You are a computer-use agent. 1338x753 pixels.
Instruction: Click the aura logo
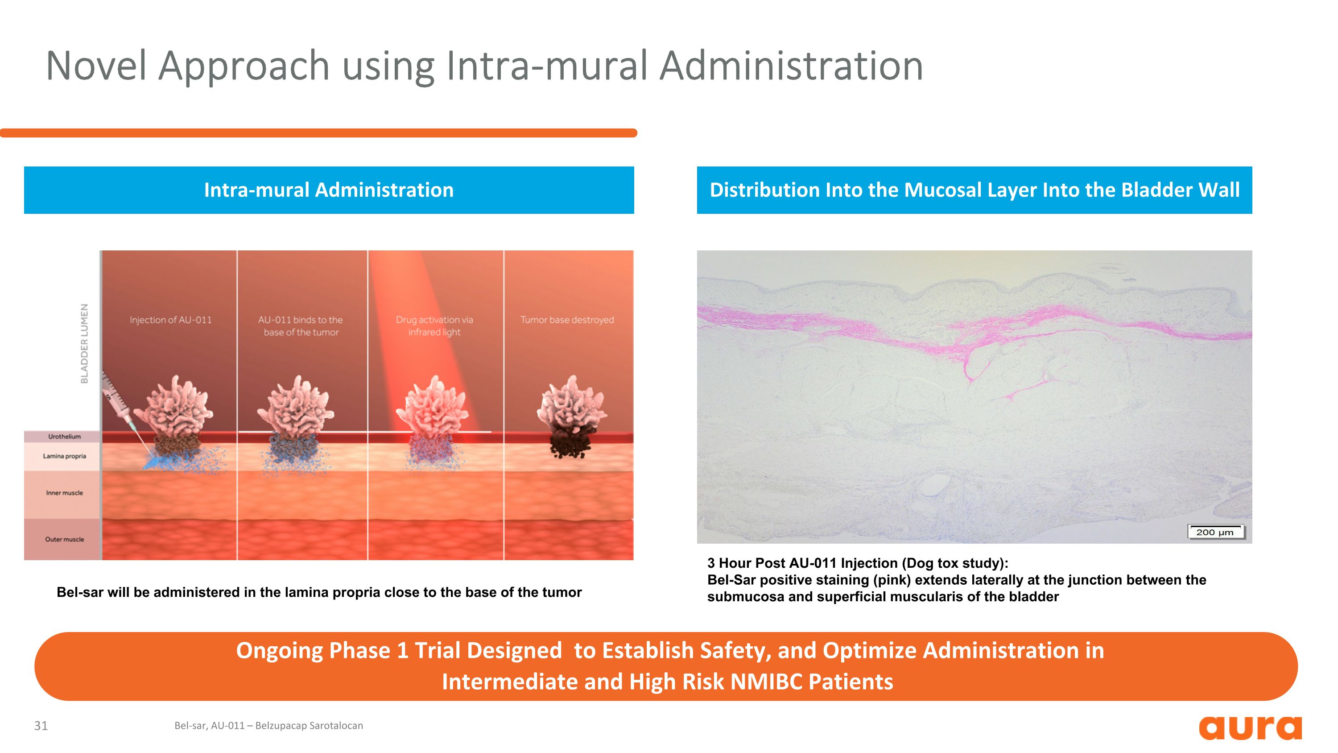[1250, 728]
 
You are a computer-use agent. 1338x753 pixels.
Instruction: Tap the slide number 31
[41, 725]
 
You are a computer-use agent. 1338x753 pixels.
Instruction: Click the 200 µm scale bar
[1215, 532]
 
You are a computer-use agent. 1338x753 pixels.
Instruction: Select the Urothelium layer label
[64, 437]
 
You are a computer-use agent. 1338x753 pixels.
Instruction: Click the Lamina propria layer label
[64, 456]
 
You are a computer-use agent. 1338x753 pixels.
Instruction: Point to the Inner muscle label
[64, 493]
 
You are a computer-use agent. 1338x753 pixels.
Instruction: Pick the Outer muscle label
[64, 539]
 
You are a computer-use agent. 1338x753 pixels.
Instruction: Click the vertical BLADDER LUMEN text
[84, 344]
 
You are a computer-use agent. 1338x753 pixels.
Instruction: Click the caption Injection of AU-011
[171, 320]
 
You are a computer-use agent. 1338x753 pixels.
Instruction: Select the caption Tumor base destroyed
[567, 320]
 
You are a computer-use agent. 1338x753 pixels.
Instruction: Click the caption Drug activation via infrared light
[434, 326]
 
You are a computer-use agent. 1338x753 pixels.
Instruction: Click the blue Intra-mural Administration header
[329, 190]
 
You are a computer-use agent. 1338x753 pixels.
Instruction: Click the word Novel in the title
[96, 66]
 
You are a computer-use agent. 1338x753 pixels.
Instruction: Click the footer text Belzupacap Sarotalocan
[309, 725]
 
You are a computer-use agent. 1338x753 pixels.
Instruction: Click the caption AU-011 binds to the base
[301, 326]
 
